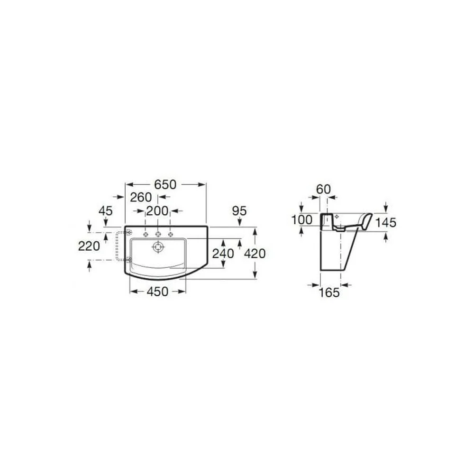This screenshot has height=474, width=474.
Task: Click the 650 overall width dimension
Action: pyautogui.click(x=165, y=184)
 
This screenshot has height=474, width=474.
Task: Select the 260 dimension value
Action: pyautogui.click(x=141, y=197)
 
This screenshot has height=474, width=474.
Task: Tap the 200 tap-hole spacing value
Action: pyautogui.click(x=157, y=211)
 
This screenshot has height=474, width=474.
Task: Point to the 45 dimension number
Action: pyautogui.click(x=106, y=211)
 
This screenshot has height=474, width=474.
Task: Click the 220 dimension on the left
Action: pyautogui.click(x=89, y=246)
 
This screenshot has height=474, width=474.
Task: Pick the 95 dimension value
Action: pyautogui.click(x=239, y=211)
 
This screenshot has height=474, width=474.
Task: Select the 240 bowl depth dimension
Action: pyautogui.click(x=223, y=253)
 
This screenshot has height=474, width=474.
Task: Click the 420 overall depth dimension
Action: pyautogui.click(x=255, y=253)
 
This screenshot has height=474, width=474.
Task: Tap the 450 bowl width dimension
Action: pyautogui.click(x=157, y=292)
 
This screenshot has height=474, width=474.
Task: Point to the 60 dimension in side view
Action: pyautogui.click(x=323, y=189)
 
